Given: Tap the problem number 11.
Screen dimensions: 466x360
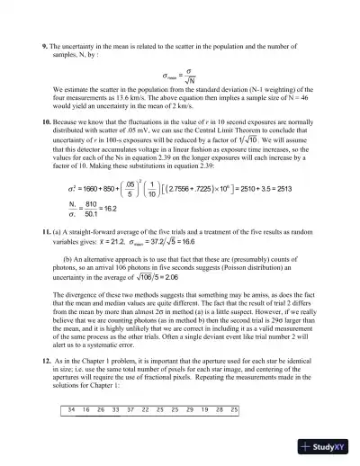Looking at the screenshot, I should click(x=47, y=257).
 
